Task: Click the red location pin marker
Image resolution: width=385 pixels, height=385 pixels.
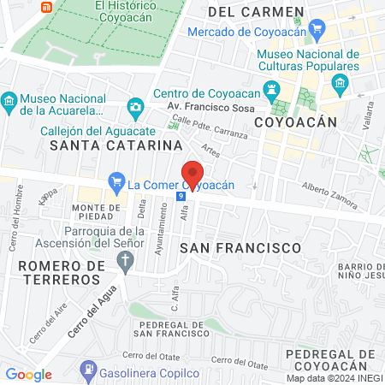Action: (x=192, y=175)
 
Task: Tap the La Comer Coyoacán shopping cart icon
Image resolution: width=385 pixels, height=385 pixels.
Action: (x=116, y=182)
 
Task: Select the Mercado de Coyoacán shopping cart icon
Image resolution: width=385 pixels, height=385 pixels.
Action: (x=317, y=31)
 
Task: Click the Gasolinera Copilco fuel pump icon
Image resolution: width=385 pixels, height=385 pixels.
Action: (x=87, y=370)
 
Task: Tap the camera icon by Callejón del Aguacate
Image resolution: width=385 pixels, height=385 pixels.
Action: (x=135, y=108)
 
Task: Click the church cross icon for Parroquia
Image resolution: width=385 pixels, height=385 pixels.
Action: (x=127, y=260)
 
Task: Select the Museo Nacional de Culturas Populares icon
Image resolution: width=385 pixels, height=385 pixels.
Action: (x=340, y=84)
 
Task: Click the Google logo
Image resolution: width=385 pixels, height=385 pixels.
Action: (x=29, y=374)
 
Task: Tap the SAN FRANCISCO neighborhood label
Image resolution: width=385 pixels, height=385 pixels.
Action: (x=240, y=248)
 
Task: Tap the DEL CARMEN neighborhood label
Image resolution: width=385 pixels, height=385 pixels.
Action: (x=255, y=12)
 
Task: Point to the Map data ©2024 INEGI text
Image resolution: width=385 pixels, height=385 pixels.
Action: (x=335, y=377)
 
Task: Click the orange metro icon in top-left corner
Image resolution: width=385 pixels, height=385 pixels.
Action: (x=47, y=6)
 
